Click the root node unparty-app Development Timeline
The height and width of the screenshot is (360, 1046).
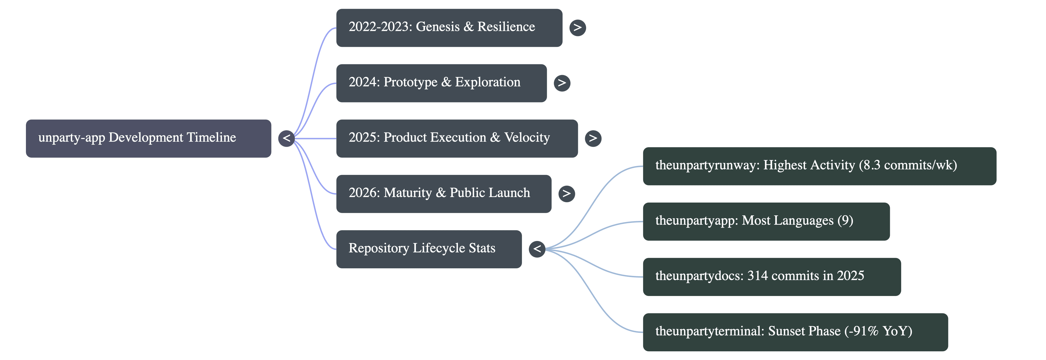point(149,139)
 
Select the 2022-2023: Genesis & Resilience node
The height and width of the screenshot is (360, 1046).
point(449,28)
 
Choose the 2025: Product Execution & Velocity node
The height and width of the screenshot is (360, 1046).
point(457,139)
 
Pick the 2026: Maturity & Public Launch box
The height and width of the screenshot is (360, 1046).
point(444,194)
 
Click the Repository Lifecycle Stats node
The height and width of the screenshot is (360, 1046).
point(429,249)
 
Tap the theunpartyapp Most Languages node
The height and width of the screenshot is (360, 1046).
point(766,221)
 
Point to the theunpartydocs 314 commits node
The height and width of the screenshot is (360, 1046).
point(772,277)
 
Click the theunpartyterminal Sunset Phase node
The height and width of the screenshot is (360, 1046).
point(795,332)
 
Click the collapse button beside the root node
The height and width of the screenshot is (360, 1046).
point(287,139)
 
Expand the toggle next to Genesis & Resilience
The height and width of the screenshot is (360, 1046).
point(577,28)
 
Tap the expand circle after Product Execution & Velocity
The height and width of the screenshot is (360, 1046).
point(593,139)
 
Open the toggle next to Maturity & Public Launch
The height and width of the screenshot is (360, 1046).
point(567,194)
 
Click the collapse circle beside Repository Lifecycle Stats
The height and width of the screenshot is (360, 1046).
point(537,249)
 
